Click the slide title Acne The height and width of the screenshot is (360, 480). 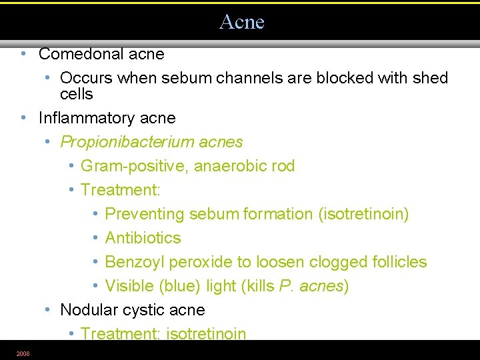click(x=241, y=22)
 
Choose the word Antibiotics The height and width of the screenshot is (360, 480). click(x=143, y=238)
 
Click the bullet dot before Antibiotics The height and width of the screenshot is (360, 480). click(x=96, y=238)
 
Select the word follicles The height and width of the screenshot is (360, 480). click(x=398, y=262)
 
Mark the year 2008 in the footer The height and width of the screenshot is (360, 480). click(x=23, y=353)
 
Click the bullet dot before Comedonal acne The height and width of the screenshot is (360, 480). click(x=23, y=53)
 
